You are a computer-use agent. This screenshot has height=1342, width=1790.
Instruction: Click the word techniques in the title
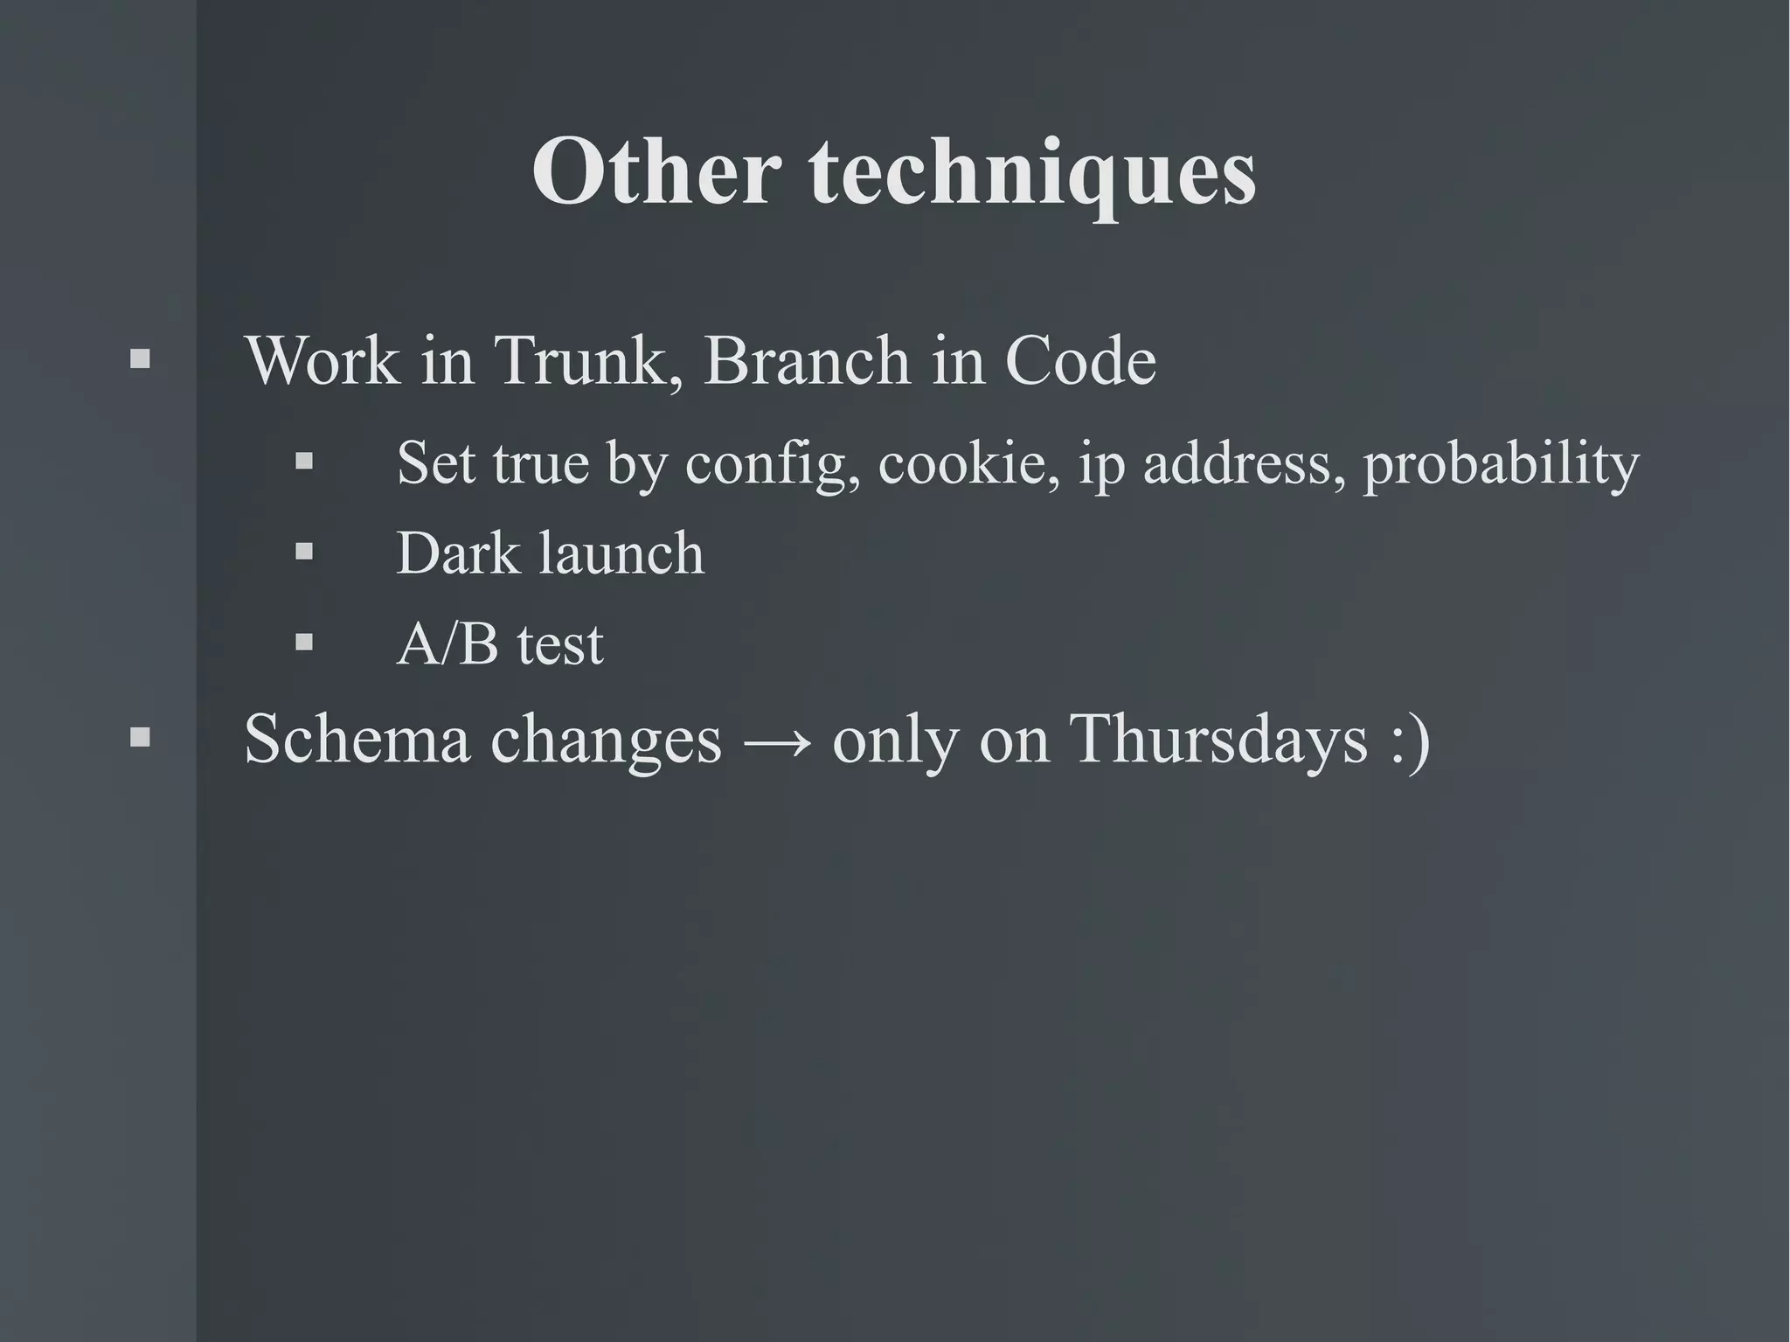point(1033,175)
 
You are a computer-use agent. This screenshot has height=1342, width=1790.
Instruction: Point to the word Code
point(1080,361)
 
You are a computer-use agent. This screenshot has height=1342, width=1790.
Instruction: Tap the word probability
point(1501,463)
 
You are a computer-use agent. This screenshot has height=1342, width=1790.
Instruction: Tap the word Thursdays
point(1218,740)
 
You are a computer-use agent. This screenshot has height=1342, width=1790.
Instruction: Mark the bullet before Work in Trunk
point(140,358)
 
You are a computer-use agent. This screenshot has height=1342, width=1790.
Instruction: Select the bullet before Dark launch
point(304,552)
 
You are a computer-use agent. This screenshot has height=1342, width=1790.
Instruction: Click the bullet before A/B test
point(304,643)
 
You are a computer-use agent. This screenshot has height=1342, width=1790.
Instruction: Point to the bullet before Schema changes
point(140,738)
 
